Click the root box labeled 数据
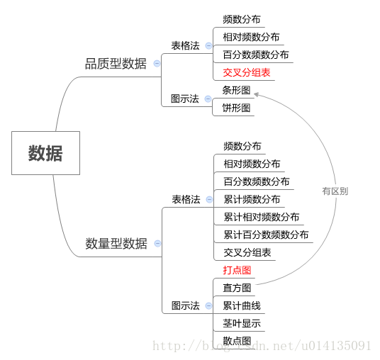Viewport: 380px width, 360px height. click(x=45, y=153)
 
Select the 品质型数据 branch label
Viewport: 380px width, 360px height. click(x=116, y=64)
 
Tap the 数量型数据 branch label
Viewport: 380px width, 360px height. click(x=116, y=244)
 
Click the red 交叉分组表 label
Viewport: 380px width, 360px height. click(x=247, y=72)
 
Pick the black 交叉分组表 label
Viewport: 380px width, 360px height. click(x=247, y=253)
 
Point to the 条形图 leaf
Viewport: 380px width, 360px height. click(x=236, y=90)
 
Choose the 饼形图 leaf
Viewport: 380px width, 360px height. click(x=236, y=108)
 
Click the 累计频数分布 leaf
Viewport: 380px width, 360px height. click(x=252, y=199)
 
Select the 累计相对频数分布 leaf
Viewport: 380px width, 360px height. click(x=261, y=217)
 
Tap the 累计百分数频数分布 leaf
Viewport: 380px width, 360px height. click(x=266, y=235)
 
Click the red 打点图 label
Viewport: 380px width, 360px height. click(x=237, y=270)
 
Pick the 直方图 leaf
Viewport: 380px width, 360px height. click(x=237, y=288)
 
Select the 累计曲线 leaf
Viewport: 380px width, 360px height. click(x=242, y=305)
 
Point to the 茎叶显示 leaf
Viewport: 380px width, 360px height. click(x=242, y=323)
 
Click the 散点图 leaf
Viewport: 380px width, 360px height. click(x=237, y=341)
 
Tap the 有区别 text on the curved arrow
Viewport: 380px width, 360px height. click(x=335, y=191)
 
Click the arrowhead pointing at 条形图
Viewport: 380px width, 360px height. click(x=257, y=94)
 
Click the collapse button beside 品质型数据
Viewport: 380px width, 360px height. click(x=157, y=64)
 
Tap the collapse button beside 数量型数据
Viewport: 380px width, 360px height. click(x=157, y=244)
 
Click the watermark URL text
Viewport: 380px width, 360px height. click(x=262, y=346)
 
